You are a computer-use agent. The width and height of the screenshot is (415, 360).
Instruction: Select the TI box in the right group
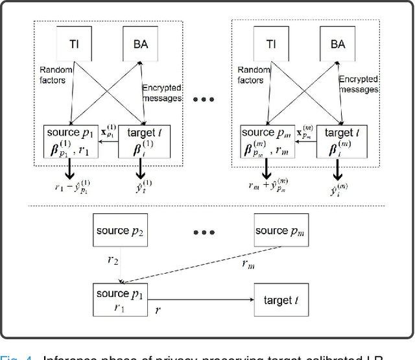pos(269,45)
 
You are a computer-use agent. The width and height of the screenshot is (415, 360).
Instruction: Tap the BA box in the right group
pos(337,45)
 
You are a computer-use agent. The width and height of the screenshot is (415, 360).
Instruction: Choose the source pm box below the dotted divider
pos(279,232)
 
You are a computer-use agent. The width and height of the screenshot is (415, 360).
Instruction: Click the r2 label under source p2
pos(112,260)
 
